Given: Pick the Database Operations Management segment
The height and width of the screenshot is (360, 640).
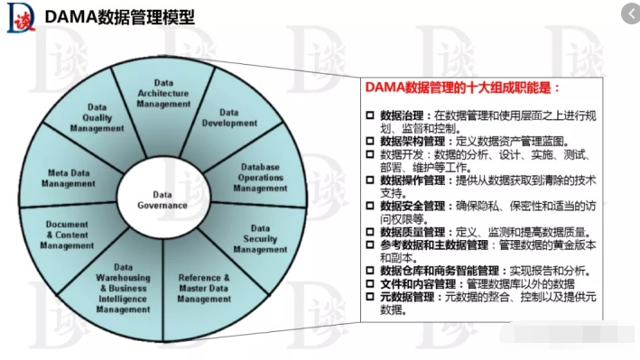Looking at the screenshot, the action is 261,178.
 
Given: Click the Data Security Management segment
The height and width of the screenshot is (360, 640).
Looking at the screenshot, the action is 260,238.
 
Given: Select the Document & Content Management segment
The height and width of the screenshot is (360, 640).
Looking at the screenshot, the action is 67,235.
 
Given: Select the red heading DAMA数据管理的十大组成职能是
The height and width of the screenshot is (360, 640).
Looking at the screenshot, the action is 461,88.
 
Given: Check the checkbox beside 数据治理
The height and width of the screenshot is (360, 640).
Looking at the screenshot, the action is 369,115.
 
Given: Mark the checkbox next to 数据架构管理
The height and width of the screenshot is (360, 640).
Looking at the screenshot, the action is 369,142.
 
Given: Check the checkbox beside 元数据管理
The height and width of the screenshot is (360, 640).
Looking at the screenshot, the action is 369,296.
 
